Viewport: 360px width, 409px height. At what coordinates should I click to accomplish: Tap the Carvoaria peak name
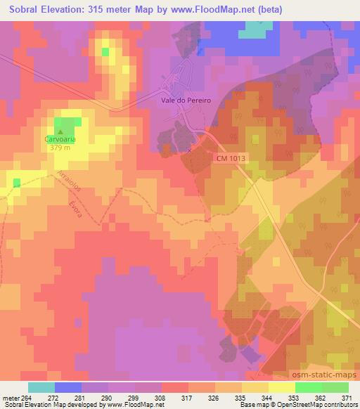60,139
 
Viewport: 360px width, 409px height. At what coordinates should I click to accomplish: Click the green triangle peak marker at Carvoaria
60,131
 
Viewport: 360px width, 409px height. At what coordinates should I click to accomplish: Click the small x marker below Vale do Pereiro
189,150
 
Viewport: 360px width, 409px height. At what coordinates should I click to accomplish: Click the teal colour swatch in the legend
41,387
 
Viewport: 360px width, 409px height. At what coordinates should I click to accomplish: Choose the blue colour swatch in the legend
68,387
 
